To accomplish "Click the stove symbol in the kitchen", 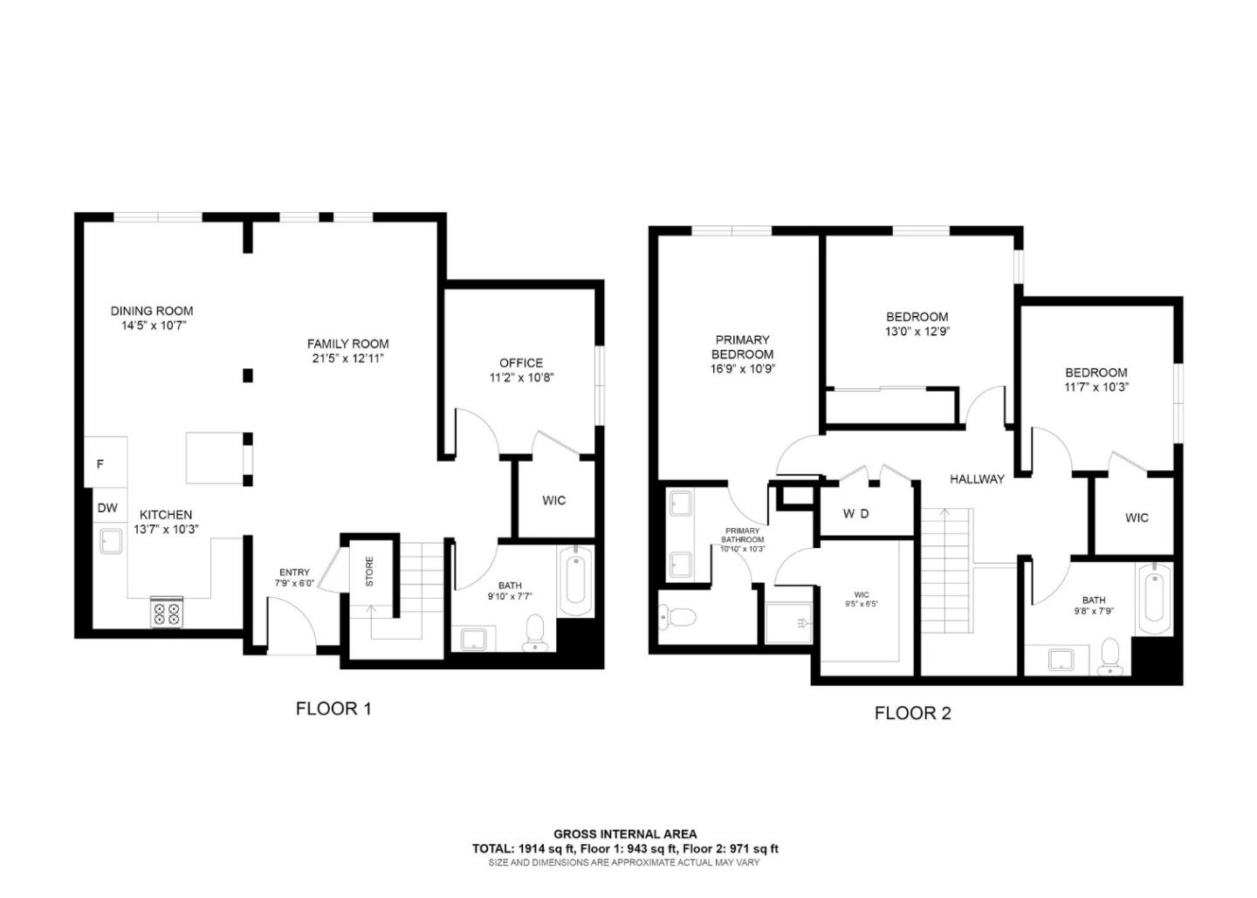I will tap(166, 612).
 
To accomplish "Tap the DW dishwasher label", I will tap(106, 508).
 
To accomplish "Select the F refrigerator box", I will tap(101, 464).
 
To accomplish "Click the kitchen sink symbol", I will tap(111, 541).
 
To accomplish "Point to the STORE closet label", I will tap(369, 571).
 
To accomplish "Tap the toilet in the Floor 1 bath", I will tap(534, 633).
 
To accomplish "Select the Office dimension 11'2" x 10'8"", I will tap(522, 378).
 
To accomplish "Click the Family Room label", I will tap(347, 344).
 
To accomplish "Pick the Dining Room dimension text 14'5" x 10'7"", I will tap(155, 326).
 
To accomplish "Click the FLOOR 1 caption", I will tap(333, 709).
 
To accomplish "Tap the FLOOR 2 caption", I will tap(912, 713).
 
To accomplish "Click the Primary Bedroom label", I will tap(742, 347).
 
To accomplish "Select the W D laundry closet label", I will tap(855, 513).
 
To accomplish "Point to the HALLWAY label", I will tap(977, 479).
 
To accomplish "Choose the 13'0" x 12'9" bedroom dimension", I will tap(917, 332).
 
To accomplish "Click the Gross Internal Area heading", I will tap(625, 834).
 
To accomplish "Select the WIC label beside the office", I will tap(553, 500).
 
